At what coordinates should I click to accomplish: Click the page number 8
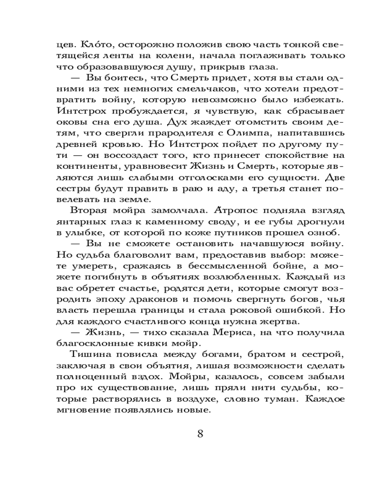(201, 434)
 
